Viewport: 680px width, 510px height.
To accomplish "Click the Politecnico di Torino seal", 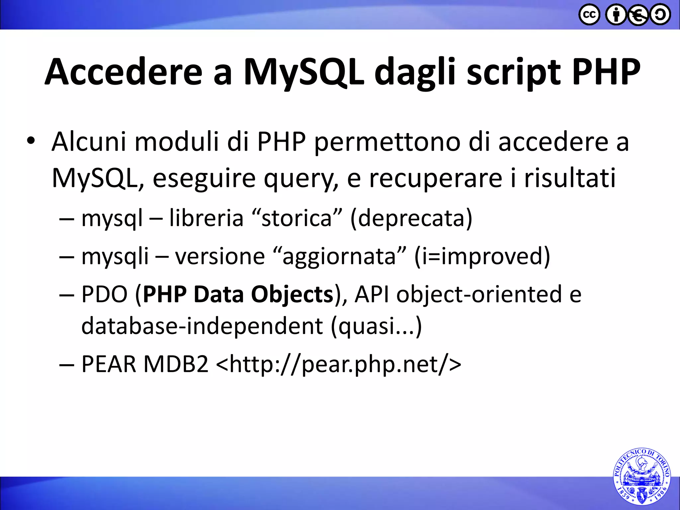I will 641,476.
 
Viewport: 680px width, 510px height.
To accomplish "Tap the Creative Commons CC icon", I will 589,15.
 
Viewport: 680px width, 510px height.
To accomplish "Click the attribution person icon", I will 616,15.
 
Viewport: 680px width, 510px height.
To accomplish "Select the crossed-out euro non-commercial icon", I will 638,15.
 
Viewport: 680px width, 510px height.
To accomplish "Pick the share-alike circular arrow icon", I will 660,15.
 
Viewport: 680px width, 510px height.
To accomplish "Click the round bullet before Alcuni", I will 31,141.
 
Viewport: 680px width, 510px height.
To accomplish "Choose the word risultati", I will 570,178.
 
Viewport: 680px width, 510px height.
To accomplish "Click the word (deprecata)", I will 411,218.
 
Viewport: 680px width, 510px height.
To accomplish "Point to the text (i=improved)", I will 482,256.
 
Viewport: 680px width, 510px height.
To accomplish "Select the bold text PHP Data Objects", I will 238,294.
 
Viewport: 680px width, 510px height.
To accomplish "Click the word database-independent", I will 202,326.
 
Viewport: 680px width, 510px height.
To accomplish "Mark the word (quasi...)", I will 376,326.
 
